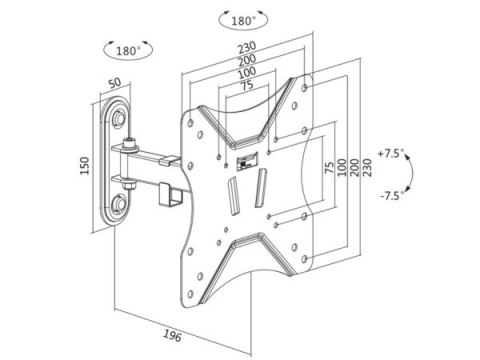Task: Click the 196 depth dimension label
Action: pos(173,335)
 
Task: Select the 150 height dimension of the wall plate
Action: pos(85,165)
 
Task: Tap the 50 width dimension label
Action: pos(115,83)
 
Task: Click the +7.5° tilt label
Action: pos(390,154)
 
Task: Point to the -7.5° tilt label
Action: pos(392,195)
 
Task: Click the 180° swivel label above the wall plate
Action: pos(128,51)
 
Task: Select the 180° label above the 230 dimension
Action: pos(243,21)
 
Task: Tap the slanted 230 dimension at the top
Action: pos(247,47)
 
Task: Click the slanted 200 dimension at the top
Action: pos(247,60)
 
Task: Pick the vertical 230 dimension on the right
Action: pos(367,167)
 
